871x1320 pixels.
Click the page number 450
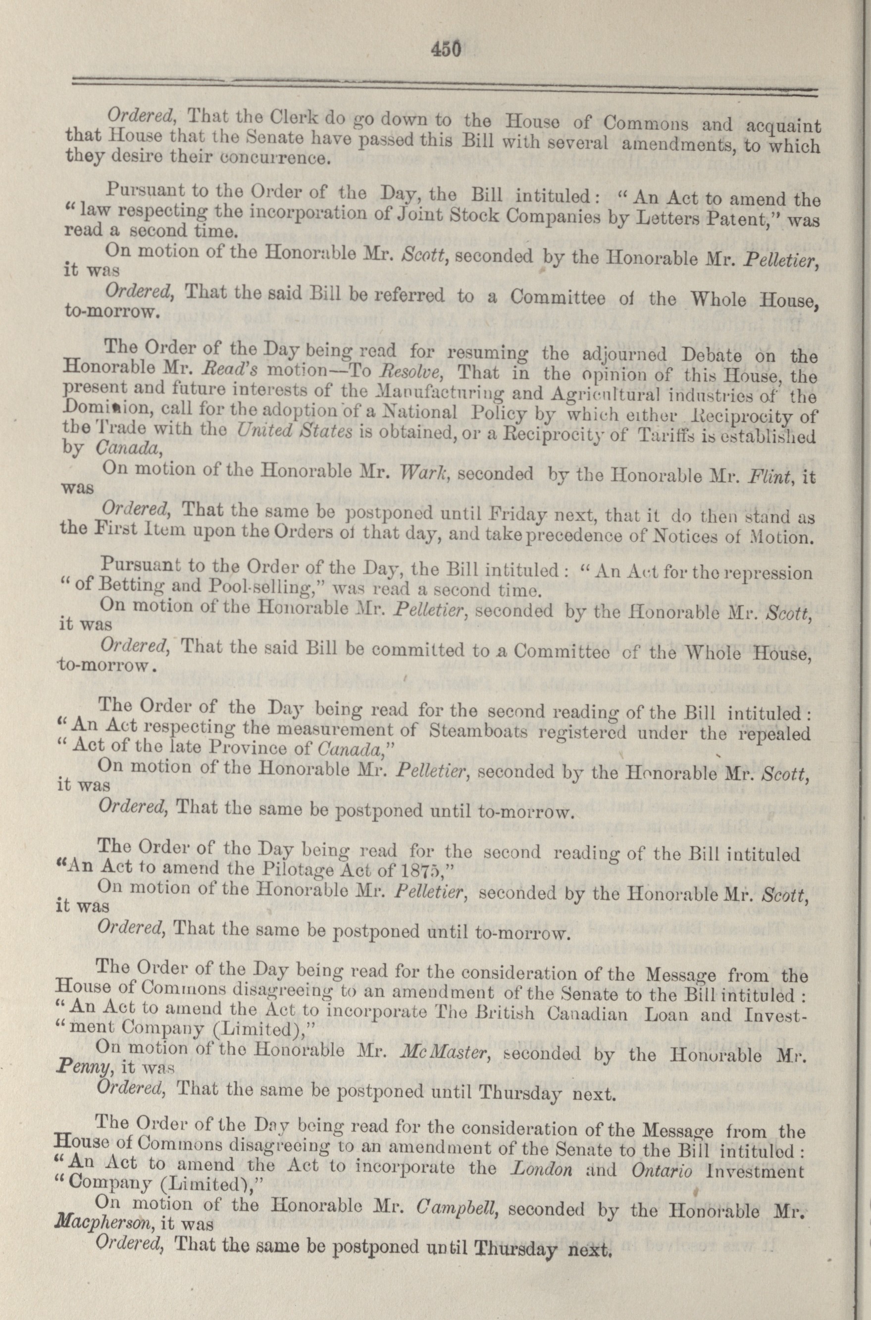tap(446, 50)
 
